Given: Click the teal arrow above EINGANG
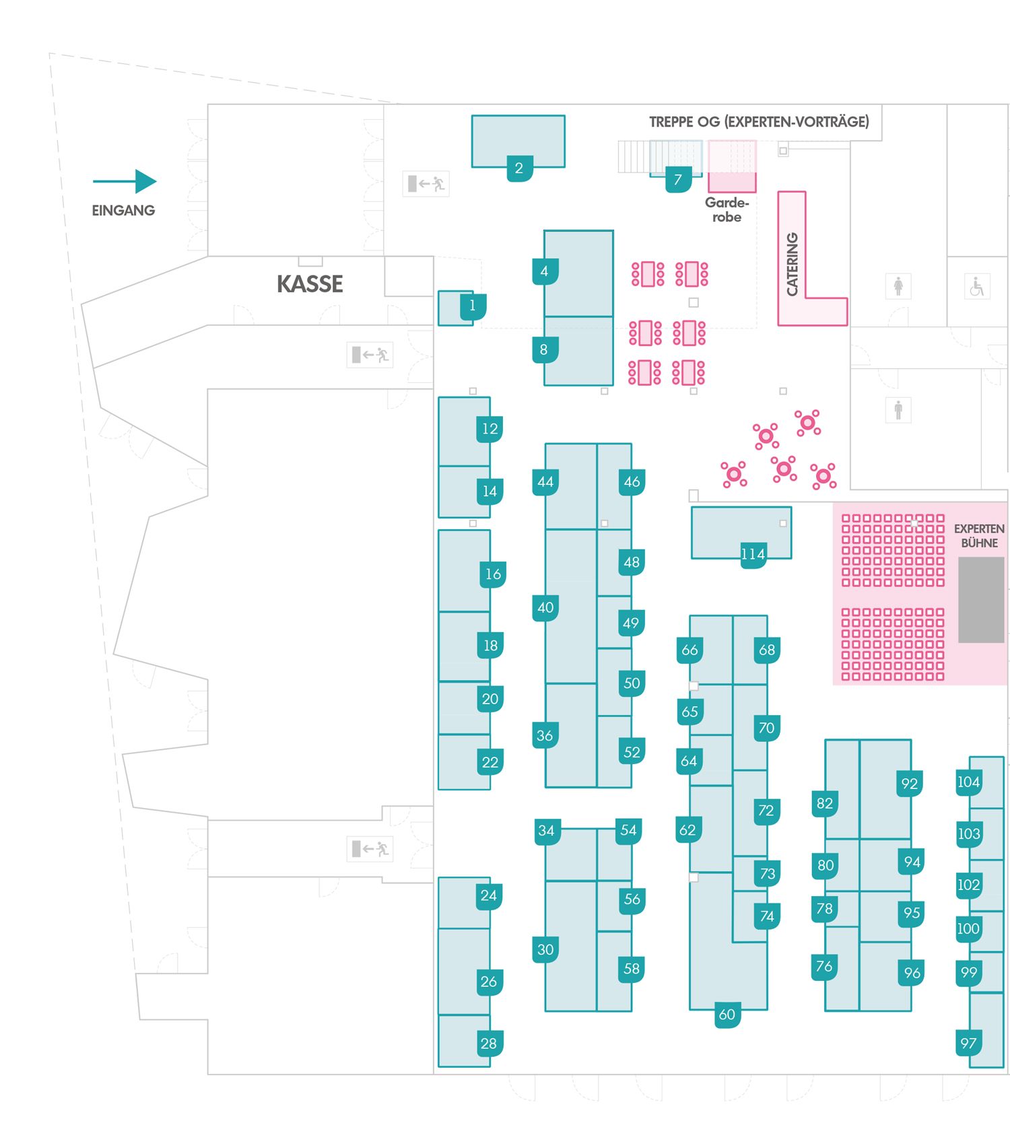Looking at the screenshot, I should coord(125,181).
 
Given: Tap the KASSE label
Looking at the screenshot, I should coord(310,284).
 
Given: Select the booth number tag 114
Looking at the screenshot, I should coord(753,555).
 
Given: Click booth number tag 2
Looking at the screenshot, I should coord(519,168).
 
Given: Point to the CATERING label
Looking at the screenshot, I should coord(793,264).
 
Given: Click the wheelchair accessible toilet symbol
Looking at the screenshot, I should coord(976,287).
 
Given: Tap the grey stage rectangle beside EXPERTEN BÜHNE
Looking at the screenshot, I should coord(980,599).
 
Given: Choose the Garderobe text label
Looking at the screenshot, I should coord(727,209).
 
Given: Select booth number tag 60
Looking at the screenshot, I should coord(727,1015).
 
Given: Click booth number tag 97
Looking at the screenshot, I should coord(968,1044).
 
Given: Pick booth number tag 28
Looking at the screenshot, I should coord(489,1044).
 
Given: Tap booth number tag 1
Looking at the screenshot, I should coord(473,306).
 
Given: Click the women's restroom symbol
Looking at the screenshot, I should coord(898,286).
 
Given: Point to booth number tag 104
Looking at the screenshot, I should coord(968,782).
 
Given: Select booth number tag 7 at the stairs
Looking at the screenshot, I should coord(678,180).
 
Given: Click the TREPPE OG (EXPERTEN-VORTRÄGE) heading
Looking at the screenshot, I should coord(759,122).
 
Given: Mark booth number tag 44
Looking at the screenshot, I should coord(545,482).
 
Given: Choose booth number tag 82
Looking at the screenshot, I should coord(825,803).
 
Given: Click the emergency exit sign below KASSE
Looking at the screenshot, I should coord(370,354).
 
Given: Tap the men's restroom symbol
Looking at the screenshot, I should coord(898,409).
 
